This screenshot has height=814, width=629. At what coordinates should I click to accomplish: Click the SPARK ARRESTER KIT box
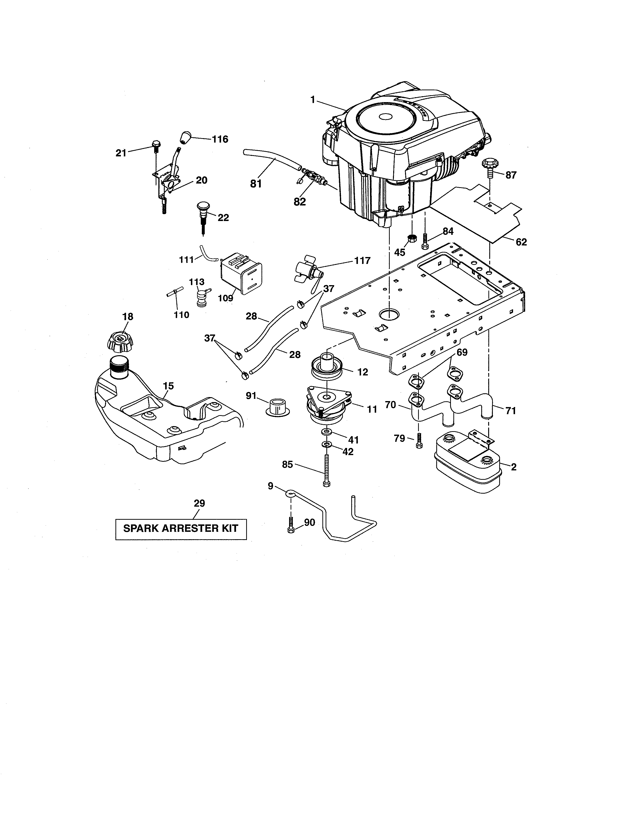click(181, 529)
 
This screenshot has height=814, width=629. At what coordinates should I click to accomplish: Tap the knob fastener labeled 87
click(489, 165)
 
